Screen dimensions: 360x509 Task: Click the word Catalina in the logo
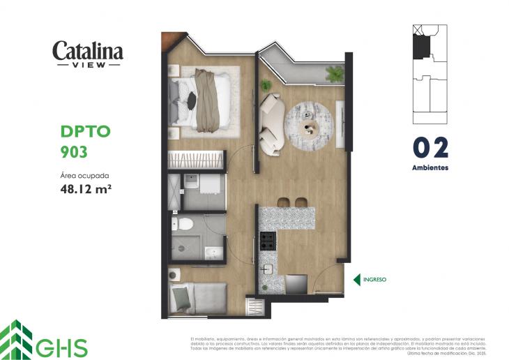(x=88, y=51)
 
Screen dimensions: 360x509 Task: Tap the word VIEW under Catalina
(x=88, y=65)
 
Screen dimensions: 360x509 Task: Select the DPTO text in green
(x=86, y=131)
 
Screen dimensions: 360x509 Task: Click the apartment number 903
(x=74, y=151)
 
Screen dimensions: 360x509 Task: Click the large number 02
(x=430, y=148)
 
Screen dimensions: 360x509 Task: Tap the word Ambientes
(x=430, y=168)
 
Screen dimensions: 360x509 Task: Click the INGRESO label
(x=373, y=280)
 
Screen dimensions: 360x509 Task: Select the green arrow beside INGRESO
(x=356, y=280)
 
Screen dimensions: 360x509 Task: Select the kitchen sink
(x=268, y=269)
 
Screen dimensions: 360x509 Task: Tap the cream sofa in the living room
(x=271, y=123)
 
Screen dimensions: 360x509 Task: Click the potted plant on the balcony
(x=335, y=73)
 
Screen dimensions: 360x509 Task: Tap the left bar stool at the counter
(x=284, y=202)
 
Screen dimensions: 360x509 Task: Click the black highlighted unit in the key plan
(x=421, y=47)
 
